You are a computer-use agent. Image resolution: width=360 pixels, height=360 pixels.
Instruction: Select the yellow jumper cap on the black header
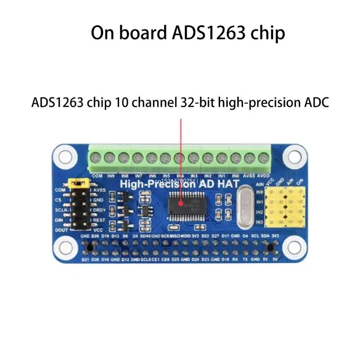coord(79,183)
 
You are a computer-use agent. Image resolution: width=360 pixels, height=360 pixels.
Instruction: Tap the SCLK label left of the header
coord(60,210)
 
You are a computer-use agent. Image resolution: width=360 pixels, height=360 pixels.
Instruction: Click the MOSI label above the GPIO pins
coord(184,236)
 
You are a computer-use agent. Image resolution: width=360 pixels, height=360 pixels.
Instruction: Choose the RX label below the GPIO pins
coord(235,260)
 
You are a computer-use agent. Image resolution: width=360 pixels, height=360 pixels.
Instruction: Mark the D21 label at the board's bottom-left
coord(85,260)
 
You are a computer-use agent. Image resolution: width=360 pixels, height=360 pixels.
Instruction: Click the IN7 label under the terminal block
coord(139,175)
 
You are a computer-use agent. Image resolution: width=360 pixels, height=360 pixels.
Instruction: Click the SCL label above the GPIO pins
coord(255,236)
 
